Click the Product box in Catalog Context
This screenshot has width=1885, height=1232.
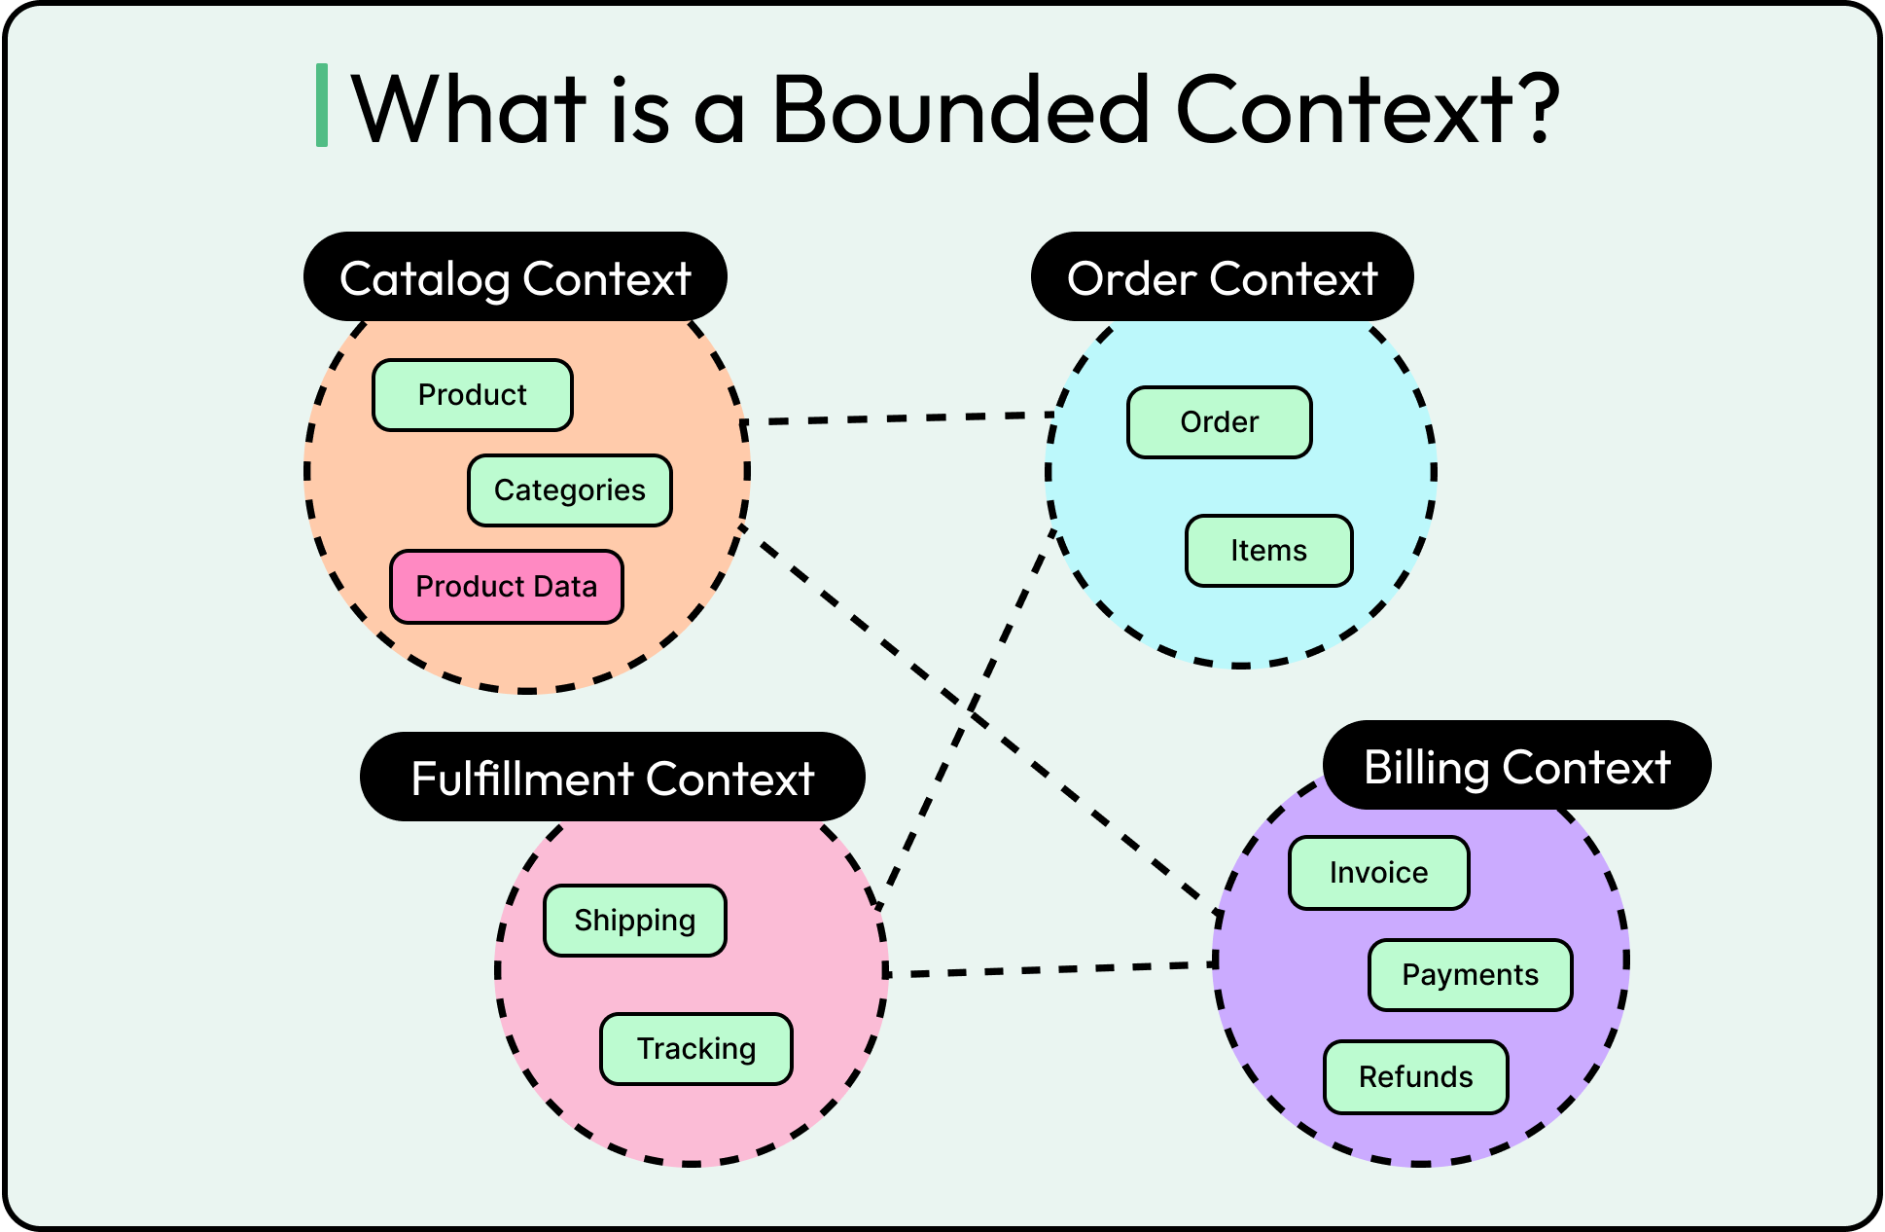coord(473,395)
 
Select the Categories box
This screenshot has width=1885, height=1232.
coord(570,490)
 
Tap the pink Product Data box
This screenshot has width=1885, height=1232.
coord(507,587)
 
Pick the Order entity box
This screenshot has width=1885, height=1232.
coord(1220,422)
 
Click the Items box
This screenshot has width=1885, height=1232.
coord(1269,551)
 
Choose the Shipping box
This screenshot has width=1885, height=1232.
coord(635,921)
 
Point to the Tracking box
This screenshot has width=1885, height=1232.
coord(696,1049)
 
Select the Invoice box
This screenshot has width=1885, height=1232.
coord(1379,873)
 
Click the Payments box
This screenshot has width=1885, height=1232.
coord(1471,975)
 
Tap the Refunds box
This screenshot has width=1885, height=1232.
coord(1416,1077)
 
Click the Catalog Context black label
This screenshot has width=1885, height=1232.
coord(516,278)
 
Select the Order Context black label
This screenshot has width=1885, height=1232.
coord(1223,278)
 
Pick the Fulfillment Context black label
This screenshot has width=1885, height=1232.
coord(613,779)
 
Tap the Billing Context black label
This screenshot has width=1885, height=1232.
coord(1517,767)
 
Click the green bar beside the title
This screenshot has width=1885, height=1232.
coord(322,105)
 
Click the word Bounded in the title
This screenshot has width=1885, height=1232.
coord(961,109)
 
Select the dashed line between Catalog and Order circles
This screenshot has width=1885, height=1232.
coord(900,418)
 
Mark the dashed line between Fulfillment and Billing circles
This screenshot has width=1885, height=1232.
coord(1050,969)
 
